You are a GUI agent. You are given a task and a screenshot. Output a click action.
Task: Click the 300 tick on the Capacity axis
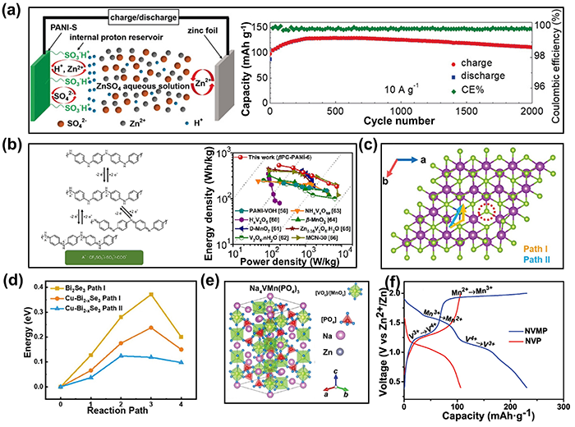coord(563,408)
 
